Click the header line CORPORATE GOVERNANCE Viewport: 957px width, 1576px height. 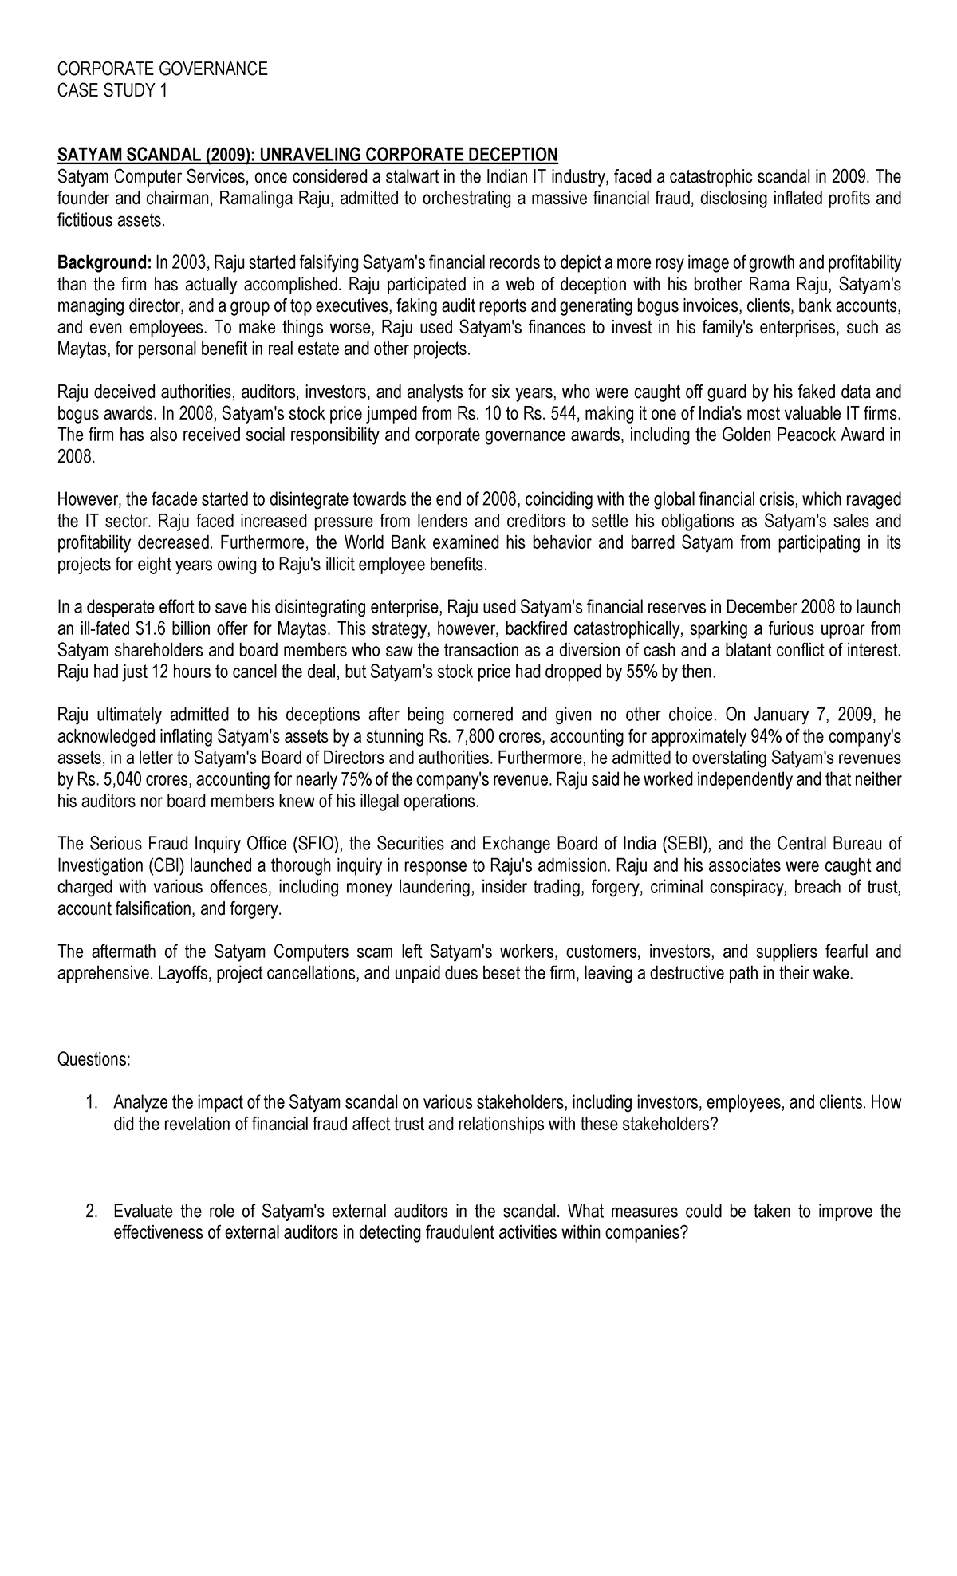pyautogui.click(x=163, y=69)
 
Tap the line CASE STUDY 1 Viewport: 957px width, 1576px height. pyautogui.click(x=112, y=91)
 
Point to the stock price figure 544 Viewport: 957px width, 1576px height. pyautogui.click(x=565, y=414)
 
